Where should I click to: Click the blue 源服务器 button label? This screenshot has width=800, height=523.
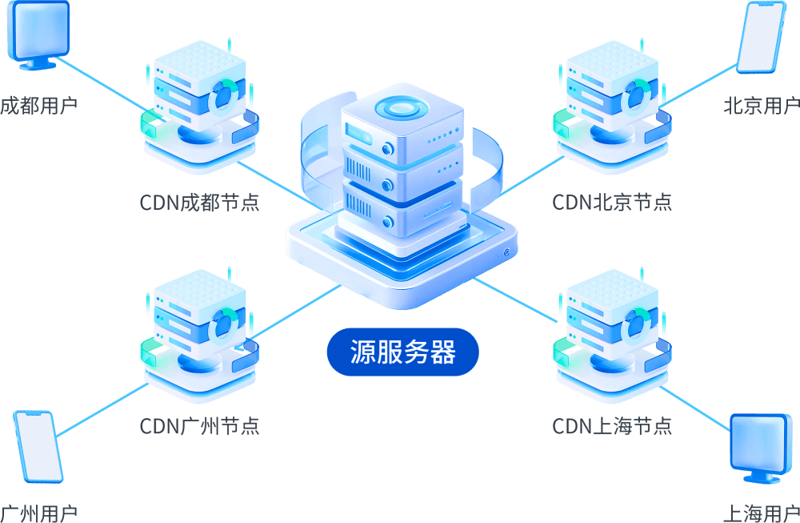(x=402, y=352)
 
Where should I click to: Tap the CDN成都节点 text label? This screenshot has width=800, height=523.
(x=200, y=202)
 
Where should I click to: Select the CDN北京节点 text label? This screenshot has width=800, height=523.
(x=612, y=202)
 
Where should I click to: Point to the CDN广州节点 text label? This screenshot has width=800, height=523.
(x=200, y=425)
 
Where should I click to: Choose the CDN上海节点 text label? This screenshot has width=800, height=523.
(x=612, y=425)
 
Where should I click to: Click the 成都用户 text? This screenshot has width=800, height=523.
(x=38, y=106)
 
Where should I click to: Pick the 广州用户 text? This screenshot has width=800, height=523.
(x=38, y=513)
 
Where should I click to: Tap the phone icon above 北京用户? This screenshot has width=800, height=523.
(x=760, y=38)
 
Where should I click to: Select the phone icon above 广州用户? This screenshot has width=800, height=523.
(x=38, y=446)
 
